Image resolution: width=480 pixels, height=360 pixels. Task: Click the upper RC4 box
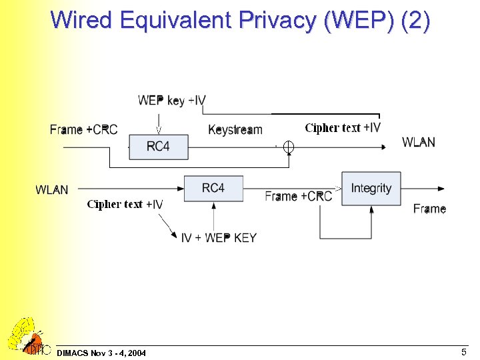coord(158,147)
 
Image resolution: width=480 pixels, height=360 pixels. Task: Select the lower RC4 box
coord(213,189)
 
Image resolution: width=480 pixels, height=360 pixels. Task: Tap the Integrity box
coord(371,189)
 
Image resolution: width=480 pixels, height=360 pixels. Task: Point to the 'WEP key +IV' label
coord(172,101)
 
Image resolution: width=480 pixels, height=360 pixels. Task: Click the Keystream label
coord(235,129)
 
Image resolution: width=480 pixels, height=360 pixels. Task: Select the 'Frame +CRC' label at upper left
coord(83,129)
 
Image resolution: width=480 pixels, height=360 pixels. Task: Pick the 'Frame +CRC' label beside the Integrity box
coord(298,196)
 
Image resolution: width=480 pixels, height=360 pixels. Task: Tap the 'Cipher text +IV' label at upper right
coord(343,127)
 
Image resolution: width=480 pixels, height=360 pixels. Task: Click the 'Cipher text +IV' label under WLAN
coord(125,204)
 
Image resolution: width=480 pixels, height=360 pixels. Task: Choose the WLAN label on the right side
coord(419,142)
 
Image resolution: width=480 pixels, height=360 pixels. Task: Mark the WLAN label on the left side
coord(52,190)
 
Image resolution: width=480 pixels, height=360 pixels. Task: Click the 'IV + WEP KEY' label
coord(219,237)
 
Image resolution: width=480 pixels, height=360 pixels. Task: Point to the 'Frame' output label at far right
coord(429,209)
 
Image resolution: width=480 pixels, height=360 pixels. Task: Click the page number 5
coord(463,351)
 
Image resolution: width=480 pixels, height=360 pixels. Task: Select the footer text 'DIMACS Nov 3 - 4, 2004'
coord(102,352)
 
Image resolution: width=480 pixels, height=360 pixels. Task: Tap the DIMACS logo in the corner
coord(27,337)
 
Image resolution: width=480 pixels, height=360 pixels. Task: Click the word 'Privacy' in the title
coord(275,21)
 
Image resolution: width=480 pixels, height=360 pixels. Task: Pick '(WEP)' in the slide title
coord(360,21)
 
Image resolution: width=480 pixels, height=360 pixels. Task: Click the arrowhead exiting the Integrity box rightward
coord(441,189)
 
